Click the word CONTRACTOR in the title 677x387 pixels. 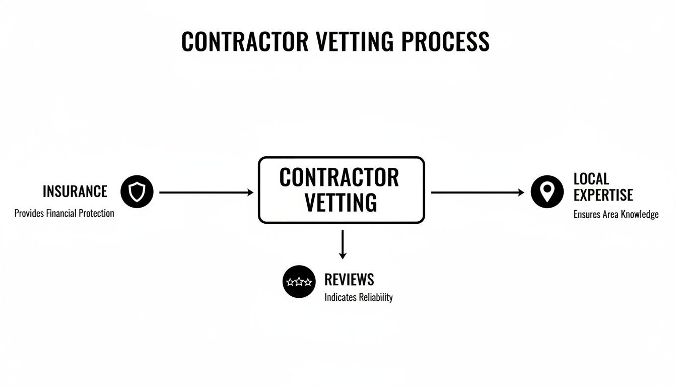tap(244, 42)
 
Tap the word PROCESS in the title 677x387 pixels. tap(445, 42)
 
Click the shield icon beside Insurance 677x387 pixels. tap(137, 192)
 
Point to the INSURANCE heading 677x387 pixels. tap(75, 191)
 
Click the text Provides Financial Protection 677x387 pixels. tap(64, 213)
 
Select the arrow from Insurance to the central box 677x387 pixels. tap(206, 192)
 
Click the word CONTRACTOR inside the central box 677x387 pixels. tap(339, 178)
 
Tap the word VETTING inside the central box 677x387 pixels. tap(341, 203)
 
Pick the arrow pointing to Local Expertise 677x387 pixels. tap(478, 192)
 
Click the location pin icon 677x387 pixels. tap(547, 191)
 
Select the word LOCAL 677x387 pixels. tap(591, 179)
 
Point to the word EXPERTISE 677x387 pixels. tap(603, 195)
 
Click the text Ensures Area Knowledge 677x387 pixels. tap(616, 215)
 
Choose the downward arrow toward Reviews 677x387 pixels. tap(343, 244)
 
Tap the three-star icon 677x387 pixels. tap(299, 282)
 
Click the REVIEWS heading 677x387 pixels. tap(349, 279)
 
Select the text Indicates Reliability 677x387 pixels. tap(358, 297)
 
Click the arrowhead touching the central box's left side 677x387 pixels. tap(250, 192)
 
